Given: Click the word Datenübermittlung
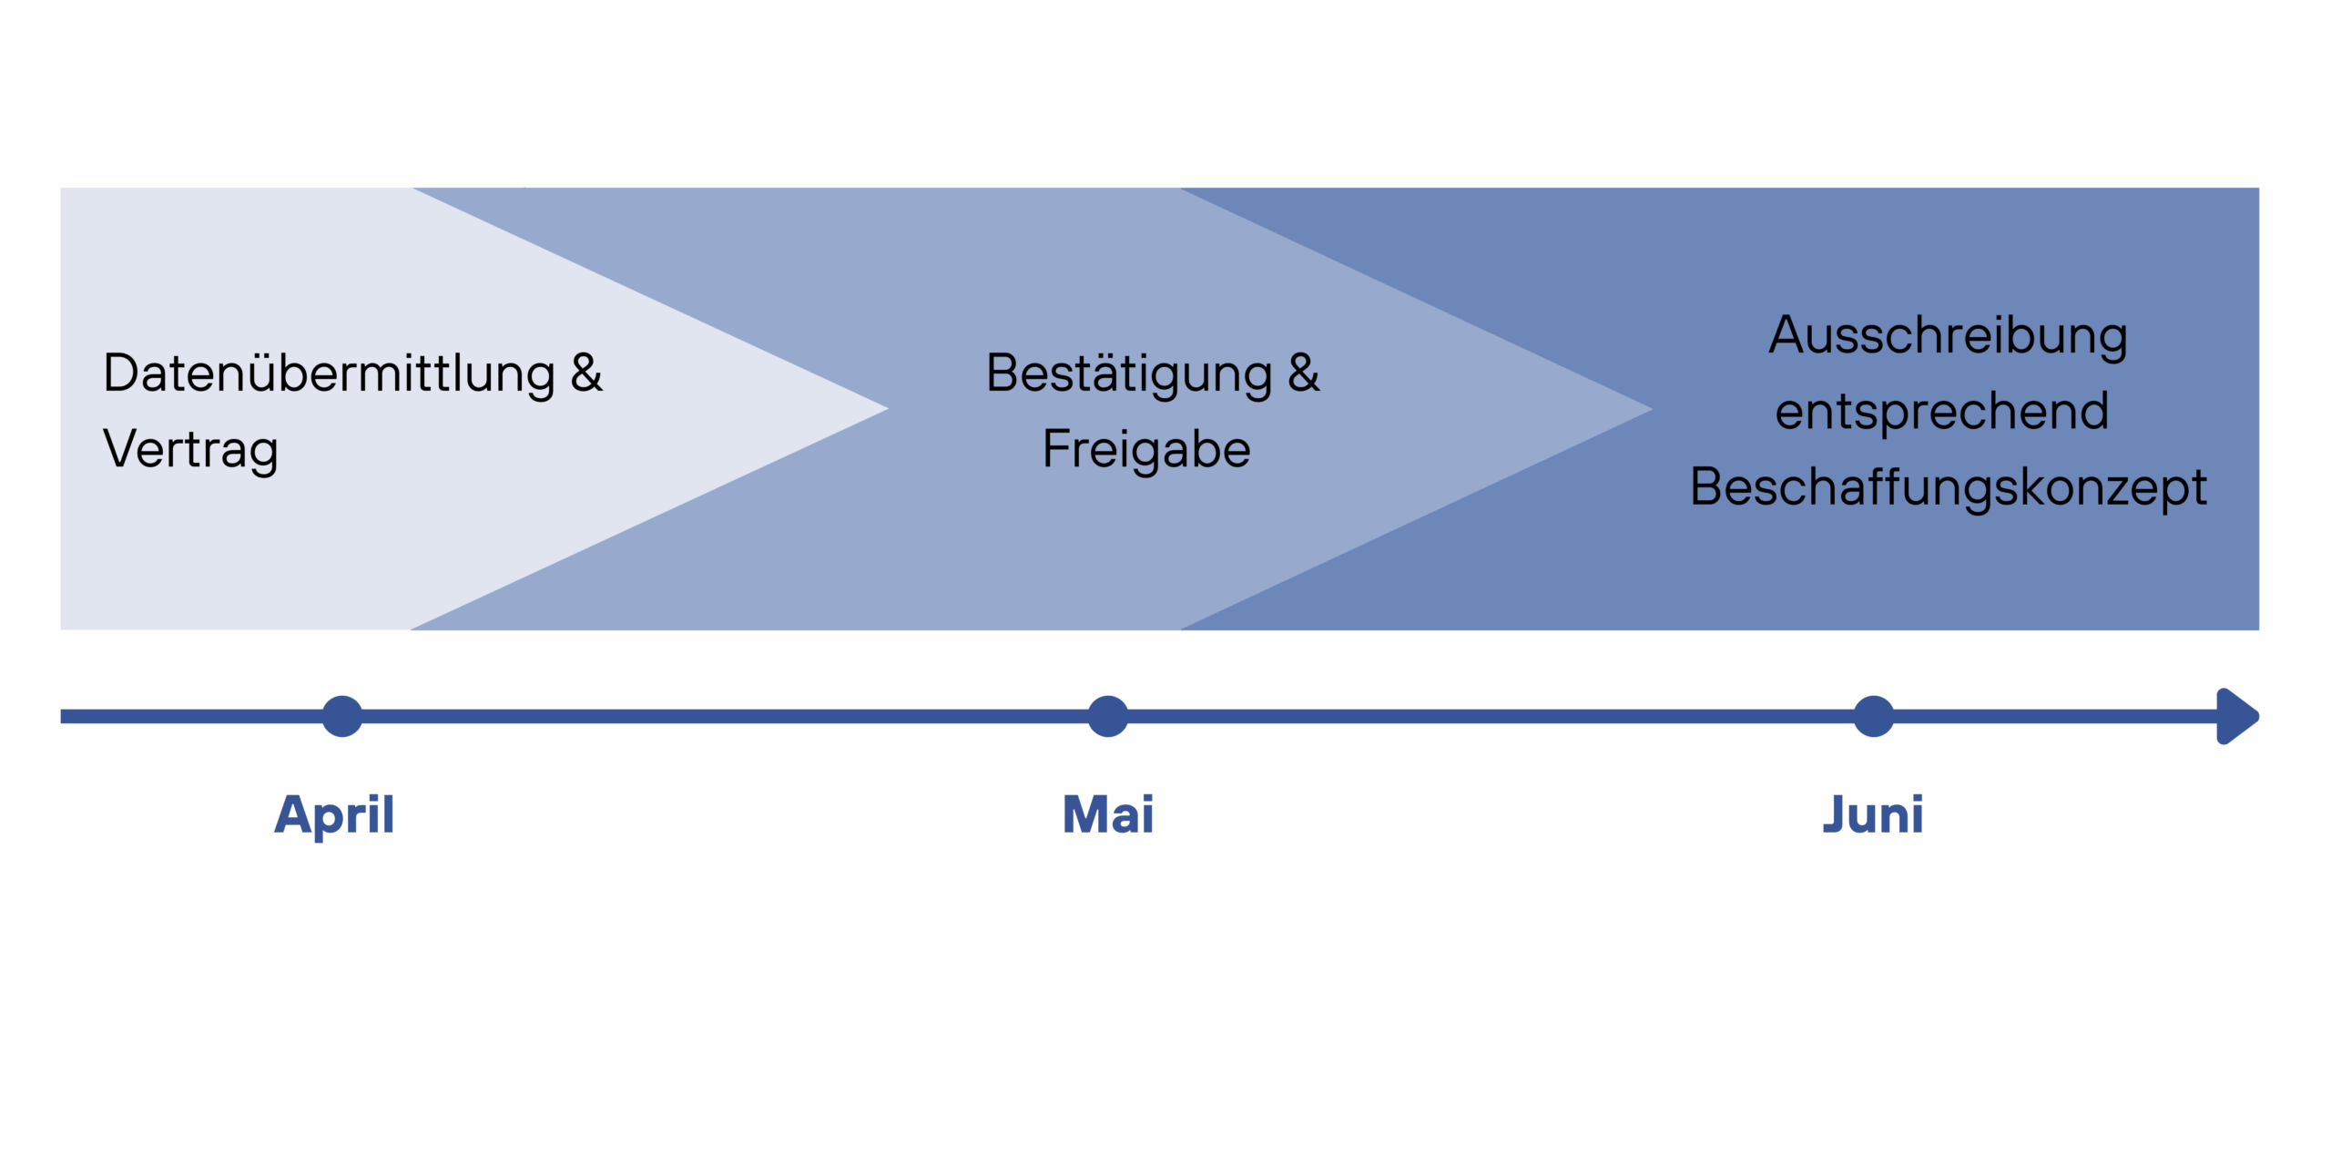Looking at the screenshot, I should (329, 373).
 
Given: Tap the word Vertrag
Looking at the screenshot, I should (190, 449).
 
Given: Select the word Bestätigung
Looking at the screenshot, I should (1129, 373).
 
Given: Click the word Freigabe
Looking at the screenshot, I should (1146, 449).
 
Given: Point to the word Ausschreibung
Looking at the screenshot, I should (1948, 336).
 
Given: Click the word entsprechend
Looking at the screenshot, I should (1941, 412).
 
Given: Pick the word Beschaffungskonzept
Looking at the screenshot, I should (1948, 487).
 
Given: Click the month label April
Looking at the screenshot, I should (334, 814).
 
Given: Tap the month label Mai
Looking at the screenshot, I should (1107, 814).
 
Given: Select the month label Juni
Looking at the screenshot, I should (1872, 814).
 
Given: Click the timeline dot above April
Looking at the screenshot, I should (342, 716).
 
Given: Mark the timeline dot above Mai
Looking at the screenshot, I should (1108, 716).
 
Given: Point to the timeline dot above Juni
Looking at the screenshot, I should (1874, 716).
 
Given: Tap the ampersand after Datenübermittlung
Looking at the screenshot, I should (586, 373).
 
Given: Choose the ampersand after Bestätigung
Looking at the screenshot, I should (1303, 373).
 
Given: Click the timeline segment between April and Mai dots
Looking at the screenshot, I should (725, 716).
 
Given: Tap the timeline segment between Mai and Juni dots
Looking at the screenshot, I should (1491, 716).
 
